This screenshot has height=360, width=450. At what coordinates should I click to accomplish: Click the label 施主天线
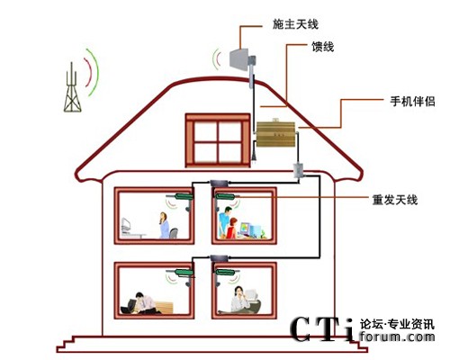[x=295, y=24]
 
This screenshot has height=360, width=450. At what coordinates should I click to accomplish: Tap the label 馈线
[x=323, y=47]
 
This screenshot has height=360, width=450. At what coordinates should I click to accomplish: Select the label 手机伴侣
[x=412, y=102]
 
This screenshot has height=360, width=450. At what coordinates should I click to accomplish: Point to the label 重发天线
[x=395, y=200]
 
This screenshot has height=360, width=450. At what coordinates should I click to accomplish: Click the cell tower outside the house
[x=72, y=87]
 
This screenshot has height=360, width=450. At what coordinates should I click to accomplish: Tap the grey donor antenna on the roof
[x=242, y=60]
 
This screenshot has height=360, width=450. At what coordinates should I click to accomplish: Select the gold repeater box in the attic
[x=276, y=133]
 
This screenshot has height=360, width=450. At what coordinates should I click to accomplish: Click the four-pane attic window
[x=218, y=140]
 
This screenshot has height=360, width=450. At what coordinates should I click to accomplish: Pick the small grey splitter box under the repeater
[x=299, y=170]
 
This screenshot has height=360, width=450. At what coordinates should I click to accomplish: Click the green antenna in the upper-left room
[x=184, y=197]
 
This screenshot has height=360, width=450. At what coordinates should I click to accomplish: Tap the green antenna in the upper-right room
[x=225, y=197]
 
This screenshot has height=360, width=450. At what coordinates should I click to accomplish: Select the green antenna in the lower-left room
[x=184, y=273]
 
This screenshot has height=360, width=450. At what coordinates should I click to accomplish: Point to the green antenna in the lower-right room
[x=225, y=273]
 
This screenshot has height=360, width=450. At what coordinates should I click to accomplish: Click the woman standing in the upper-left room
[x=164, y=225]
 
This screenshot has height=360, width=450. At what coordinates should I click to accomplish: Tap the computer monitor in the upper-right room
[x=246, y=229]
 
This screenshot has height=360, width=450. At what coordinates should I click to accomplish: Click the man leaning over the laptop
[x=145, y=303]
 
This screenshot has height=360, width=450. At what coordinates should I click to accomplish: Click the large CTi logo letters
[x=323, y=329]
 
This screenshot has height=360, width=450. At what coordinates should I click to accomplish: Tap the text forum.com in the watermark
[x=397, y=337]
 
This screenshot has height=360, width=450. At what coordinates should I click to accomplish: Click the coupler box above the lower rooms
[x=220, y=258]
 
